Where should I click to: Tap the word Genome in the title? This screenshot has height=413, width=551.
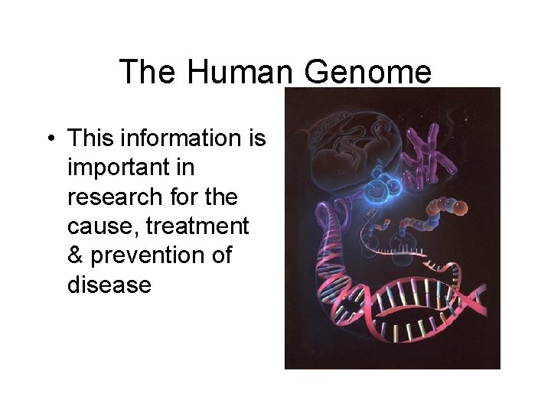coord(368,73)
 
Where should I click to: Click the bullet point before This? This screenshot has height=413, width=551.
coord(48,139)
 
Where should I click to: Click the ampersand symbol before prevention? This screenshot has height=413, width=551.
coord(77,255)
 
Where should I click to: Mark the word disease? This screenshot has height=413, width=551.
coord(109,285)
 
